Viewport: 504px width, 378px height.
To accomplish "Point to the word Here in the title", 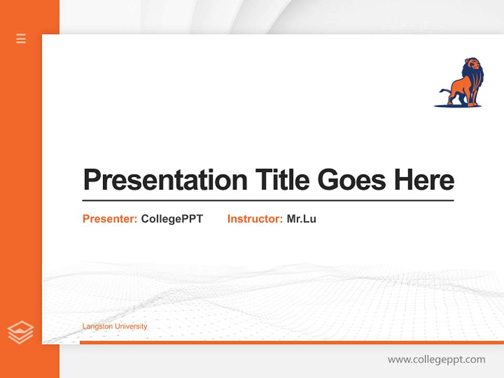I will click(424, 180).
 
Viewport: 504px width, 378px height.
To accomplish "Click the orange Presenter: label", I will click(110, 219).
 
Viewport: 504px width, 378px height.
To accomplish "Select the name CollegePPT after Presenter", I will click(172, 219).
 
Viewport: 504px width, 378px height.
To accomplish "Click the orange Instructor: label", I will click(255, 219).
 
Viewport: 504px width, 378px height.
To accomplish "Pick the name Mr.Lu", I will click(301, 219).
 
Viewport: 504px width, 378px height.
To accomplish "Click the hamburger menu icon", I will click(21, 38).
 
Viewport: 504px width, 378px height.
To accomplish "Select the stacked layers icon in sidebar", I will click(20, 332).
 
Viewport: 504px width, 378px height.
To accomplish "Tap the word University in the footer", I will click(131, 327).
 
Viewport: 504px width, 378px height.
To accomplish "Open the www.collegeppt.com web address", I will click(436, 360).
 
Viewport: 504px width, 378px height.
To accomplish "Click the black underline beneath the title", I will click(268, 201).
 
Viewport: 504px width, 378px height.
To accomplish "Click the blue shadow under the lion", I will click(457, 106).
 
